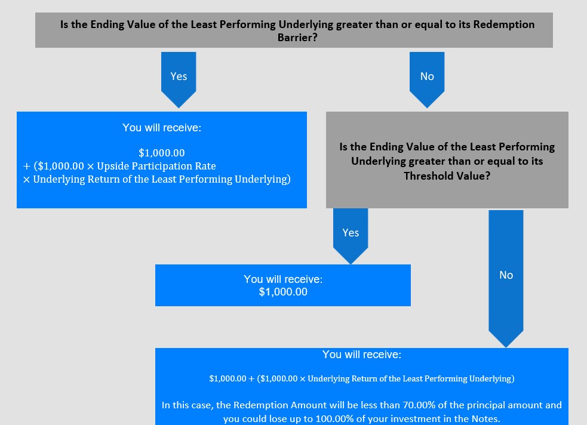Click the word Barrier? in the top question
pos(297,38)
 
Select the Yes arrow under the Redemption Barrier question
pos(179,80)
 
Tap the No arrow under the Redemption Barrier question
pos(427,80)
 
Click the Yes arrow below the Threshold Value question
pos(351,236)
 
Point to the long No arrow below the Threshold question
pos(506,279)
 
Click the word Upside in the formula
pos(113,166)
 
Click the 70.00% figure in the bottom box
pos(416,405)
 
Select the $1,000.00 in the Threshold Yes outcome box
pos(283,292)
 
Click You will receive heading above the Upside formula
pos(162,128)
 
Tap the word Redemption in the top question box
pos(504,24)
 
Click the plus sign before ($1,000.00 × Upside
pos(27,166)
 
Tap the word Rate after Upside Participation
pos(206,166)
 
